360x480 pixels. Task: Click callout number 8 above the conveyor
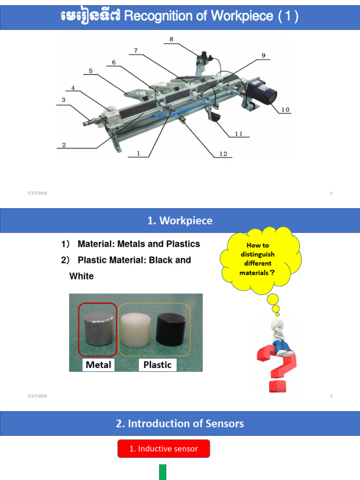click(172, 39)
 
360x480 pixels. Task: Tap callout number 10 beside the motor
click(285, 110)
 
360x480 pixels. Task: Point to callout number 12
click(223, 154)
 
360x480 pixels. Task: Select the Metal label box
click(99, 365)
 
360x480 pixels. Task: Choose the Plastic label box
click(157, 365)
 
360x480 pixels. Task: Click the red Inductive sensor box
click(164, 449)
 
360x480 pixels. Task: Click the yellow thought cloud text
click(257, 259)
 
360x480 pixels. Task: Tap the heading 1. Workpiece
click(180, 221)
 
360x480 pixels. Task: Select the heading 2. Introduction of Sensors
click(180, 424)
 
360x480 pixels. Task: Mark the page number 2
click(331, 396)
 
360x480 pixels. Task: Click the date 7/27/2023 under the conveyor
click(37, 193)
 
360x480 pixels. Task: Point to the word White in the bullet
click(82, 276)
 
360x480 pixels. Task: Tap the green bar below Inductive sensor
click(163, 472)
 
